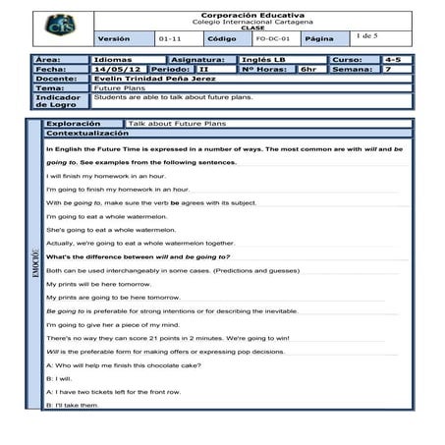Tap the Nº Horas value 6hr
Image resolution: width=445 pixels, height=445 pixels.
(308, 70)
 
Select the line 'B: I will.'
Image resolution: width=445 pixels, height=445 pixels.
(59, 377)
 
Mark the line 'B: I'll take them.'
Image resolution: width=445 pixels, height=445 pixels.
(72, 404)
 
